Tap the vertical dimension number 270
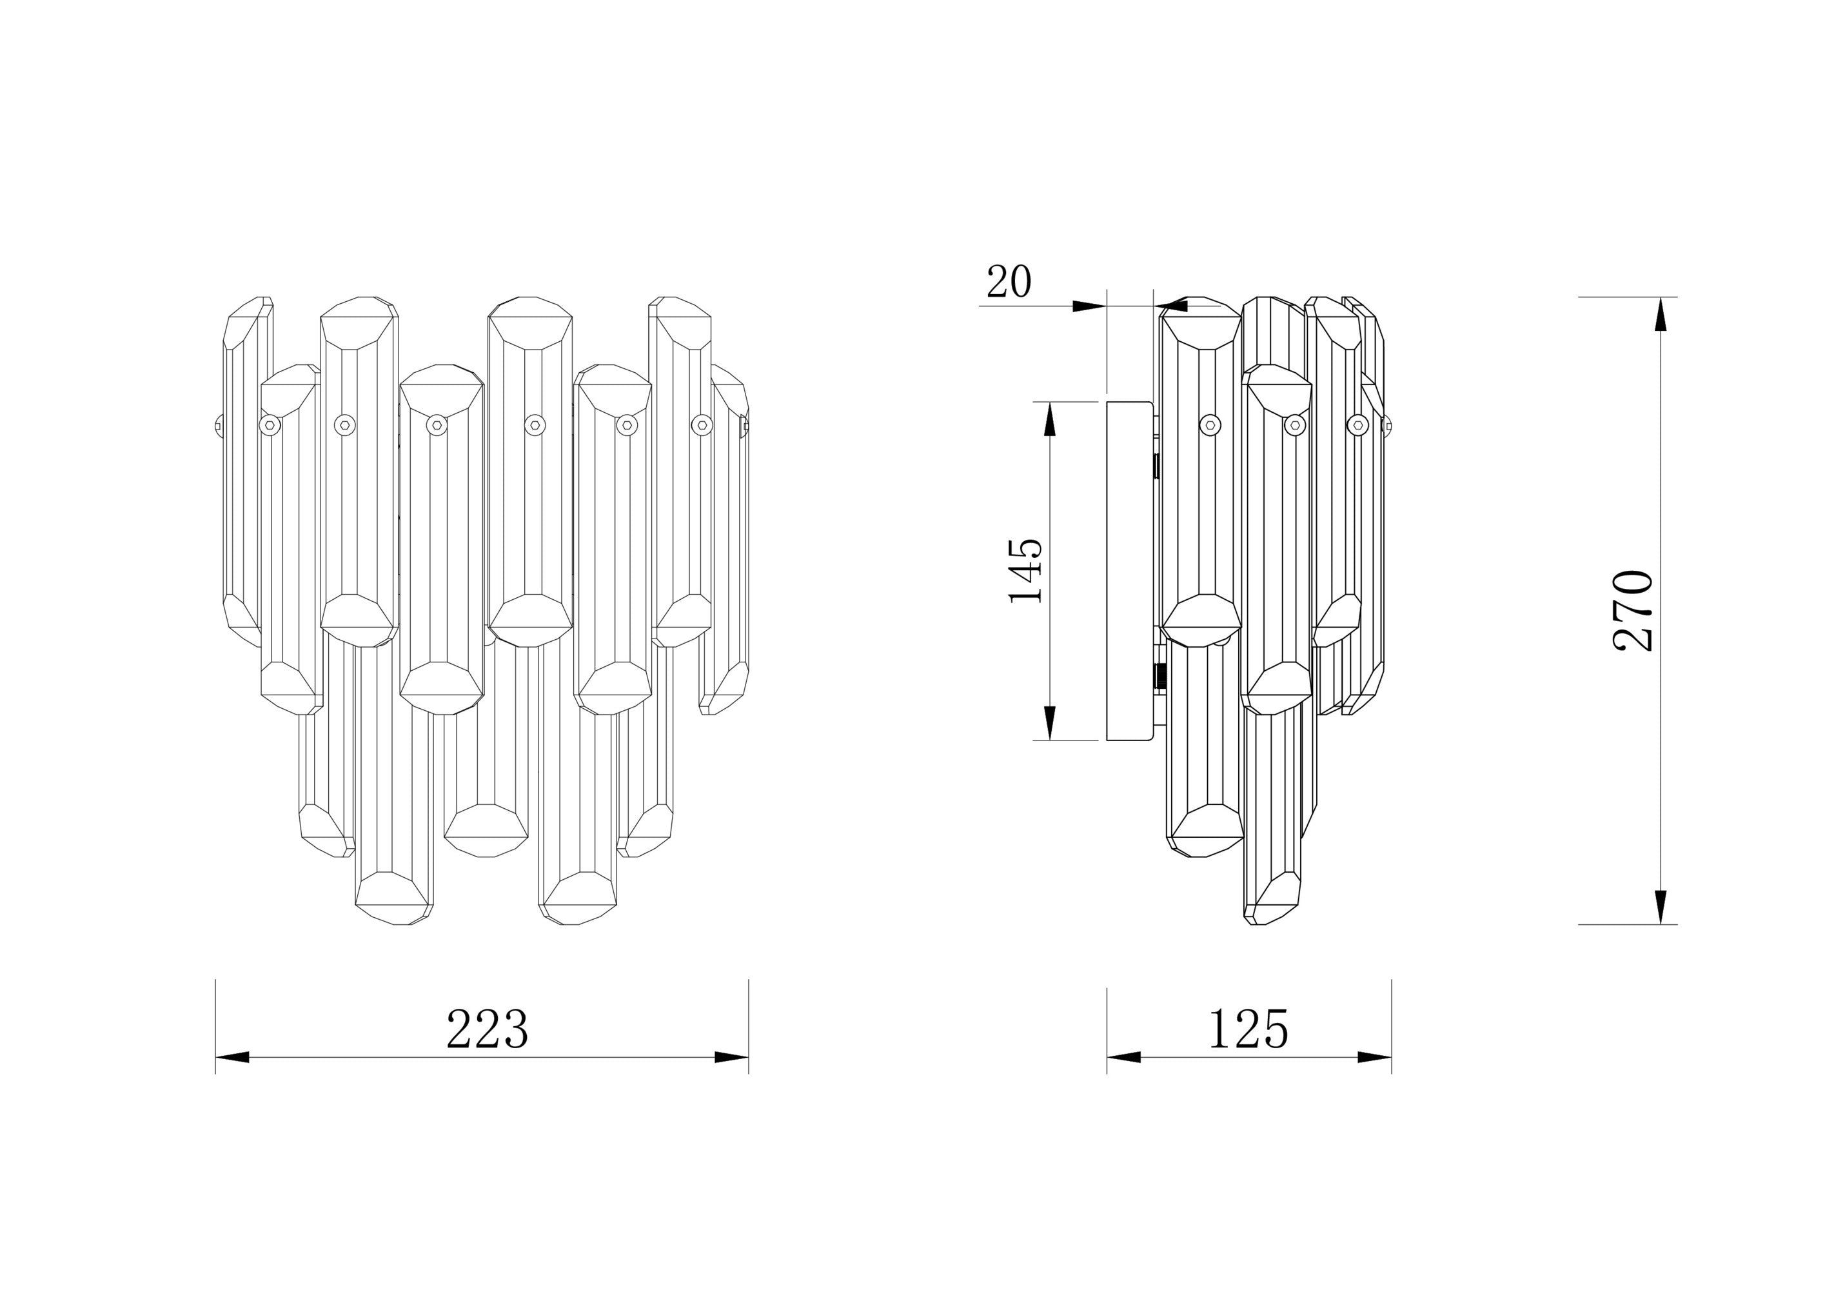coord(1633,610)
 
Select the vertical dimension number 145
coord(1025,571)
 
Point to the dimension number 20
coord(1009,281)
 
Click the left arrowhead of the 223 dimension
coord(232,1057)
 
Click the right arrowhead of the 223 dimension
coord(731,1057)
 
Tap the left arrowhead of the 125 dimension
coord(1124,1057)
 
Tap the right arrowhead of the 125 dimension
coord(1374,1057)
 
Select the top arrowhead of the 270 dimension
coord(1661,314)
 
